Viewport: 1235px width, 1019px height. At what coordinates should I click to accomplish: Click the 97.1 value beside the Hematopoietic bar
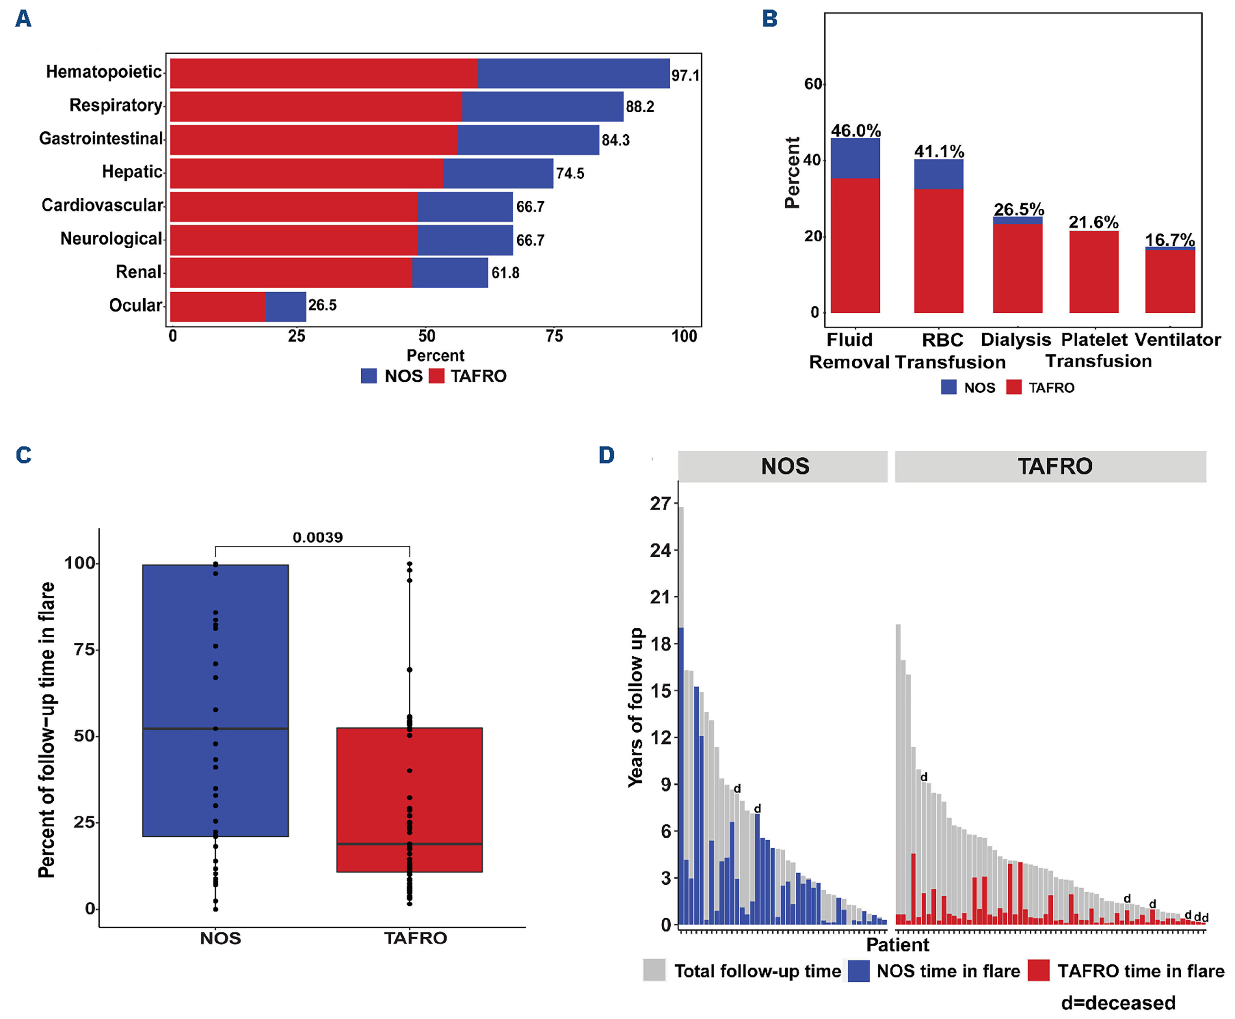pos(685,76)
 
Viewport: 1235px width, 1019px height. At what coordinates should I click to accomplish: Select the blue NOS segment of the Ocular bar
pos(286,306)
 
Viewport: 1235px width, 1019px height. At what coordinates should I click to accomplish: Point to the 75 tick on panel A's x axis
pos(554,336)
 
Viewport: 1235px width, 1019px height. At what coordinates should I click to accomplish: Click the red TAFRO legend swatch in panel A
pos(436,376)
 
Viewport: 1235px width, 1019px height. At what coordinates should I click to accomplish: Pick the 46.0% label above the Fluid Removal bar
pos(855,130)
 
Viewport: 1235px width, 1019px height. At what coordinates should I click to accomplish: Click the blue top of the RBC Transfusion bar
pos(938,174)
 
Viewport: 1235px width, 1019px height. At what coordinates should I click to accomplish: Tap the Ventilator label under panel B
pos(1177,340)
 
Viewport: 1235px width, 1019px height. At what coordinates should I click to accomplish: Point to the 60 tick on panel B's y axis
pos(813,84)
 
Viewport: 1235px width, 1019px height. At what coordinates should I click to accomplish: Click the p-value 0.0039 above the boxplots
pos(318,537)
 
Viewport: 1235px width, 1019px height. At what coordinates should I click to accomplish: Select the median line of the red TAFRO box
pos(409,844)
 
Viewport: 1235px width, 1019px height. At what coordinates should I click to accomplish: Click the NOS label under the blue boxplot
pos(220,938)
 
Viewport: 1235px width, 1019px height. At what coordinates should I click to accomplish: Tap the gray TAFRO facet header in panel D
pos(1050,466)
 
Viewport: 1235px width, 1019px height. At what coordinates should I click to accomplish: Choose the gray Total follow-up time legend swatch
pos(654,970)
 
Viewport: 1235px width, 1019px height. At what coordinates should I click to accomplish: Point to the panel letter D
pos(606,455)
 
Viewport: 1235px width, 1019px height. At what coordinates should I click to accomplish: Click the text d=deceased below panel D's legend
pos(1118,1002)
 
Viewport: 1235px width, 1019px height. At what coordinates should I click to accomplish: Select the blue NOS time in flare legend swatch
pos(859,970)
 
